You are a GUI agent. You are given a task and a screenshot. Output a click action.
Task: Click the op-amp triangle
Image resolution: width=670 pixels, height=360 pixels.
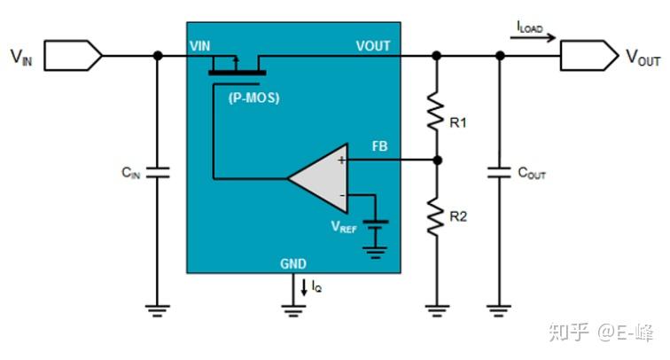pos(315,177)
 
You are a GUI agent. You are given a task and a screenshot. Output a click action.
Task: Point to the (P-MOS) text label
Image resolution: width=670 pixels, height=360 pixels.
pos(253,98)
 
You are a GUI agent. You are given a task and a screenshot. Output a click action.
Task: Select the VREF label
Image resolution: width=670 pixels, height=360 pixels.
pos(344,227)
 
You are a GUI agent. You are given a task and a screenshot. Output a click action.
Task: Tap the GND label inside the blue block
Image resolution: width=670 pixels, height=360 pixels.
pos(293,263)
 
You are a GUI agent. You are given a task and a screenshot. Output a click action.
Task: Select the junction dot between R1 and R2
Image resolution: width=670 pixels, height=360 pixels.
pos(436,160)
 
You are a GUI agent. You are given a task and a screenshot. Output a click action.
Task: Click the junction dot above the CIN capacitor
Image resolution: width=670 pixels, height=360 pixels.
pos(158,55)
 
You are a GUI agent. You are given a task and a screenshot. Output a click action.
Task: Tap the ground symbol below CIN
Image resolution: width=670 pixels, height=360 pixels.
pos(157,310)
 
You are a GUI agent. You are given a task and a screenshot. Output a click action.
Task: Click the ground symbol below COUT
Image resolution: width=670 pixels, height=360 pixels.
pos(500,310)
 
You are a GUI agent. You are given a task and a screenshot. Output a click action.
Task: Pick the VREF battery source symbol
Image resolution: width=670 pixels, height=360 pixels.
pos(378,231)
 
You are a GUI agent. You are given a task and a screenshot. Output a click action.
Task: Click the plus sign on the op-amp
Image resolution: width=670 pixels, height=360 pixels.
pos(340,160)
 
